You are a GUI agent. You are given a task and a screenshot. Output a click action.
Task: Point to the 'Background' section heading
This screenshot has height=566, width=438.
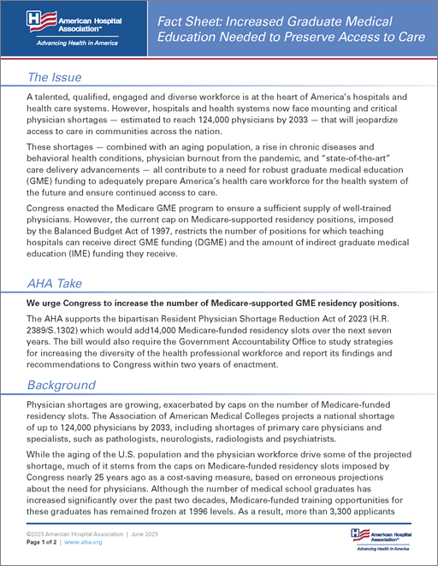click(x=62, y=385)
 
